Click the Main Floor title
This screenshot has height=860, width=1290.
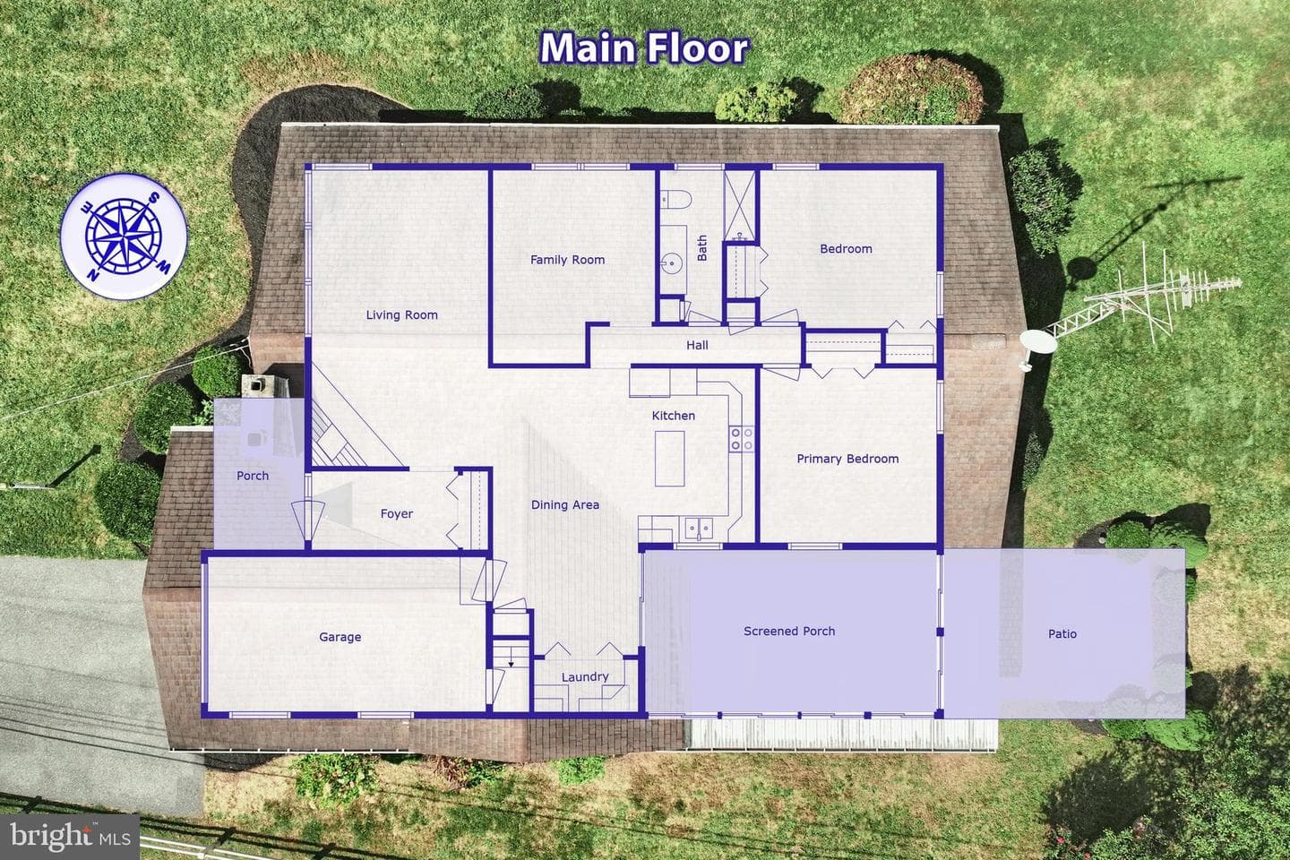coord(645,47)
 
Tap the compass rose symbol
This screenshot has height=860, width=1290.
coord(124,236)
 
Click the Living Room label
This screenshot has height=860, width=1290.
coord(402,315)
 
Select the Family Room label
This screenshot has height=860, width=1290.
coord(567,260)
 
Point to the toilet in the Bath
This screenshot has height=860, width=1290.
coord(675,199)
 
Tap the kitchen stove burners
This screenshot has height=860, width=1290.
coord(741,438)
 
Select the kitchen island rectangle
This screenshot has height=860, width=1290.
coord(670,459)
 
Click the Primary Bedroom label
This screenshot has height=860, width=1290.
coord(847,459)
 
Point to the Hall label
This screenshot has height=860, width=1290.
coord(697,346)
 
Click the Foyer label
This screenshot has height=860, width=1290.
coord(397,514)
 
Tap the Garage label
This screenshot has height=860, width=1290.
coord(340,637)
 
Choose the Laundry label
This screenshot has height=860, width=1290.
coord(585,677)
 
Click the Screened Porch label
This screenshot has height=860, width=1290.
coord(789,632)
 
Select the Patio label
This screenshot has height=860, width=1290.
coord(1062,634)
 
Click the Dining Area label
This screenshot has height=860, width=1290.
coord(565,505)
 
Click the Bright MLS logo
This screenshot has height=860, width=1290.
coord(70,837)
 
